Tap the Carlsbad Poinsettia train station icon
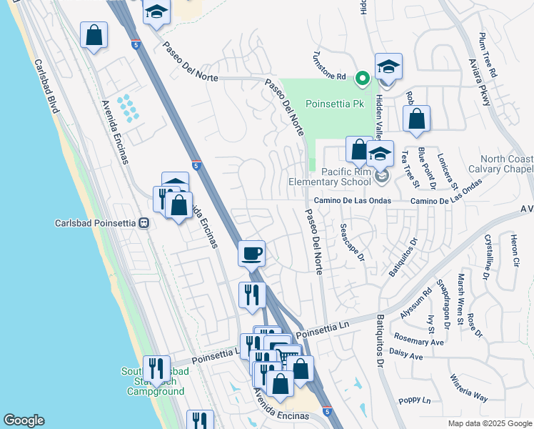(x=144, y=222)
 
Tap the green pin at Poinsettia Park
(x=363, y=78)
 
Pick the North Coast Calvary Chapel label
(x=497, y=164)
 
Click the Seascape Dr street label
(x=352, y=242)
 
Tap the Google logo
(x=24, y=420)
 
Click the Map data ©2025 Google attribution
(x=490, y=423)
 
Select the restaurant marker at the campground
(x=156, y=368)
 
